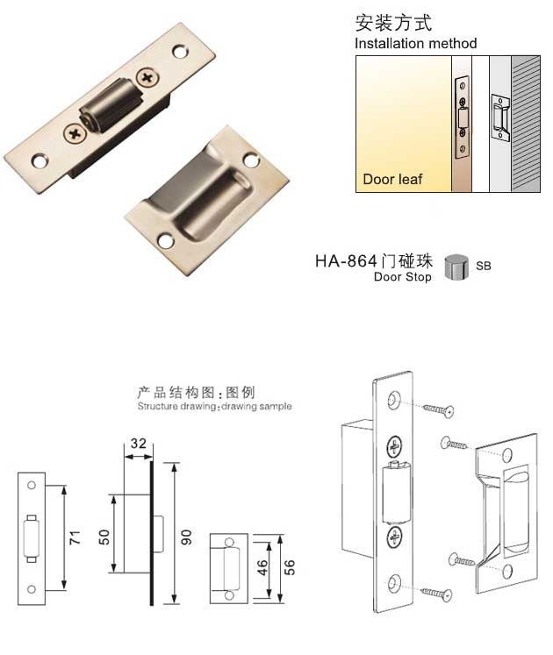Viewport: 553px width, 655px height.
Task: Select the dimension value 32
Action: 137,445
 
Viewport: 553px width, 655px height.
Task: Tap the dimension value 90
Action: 185,537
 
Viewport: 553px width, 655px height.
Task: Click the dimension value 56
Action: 289,566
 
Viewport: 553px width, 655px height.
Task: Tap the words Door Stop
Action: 402,277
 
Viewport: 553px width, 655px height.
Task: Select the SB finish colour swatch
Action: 456,265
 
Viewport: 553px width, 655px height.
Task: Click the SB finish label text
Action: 484,265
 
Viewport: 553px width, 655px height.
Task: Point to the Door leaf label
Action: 392,179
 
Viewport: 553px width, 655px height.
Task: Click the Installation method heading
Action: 415,43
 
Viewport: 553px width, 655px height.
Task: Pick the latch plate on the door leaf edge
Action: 462,117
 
